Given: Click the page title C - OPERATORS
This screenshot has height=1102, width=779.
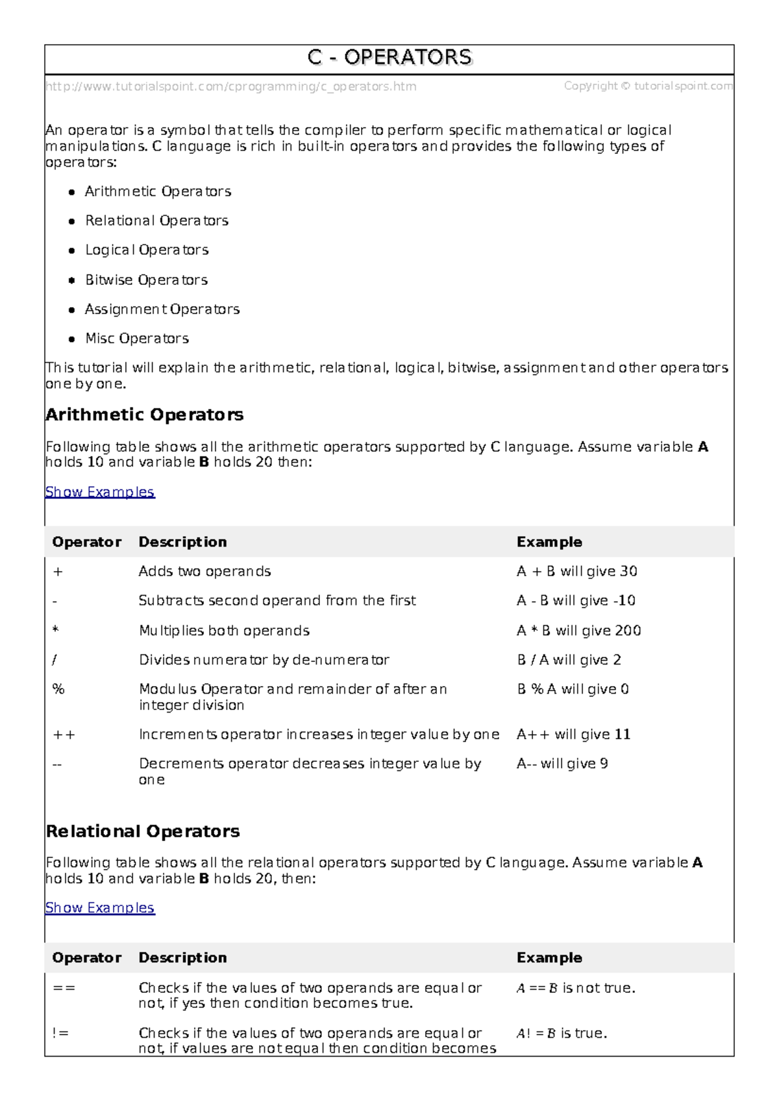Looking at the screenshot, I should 389,58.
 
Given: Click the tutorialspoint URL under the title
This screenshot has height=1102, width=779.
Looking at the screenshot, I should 230,86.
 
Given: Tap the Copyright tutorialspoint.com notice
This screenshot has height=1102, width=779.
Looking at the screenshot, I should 648,86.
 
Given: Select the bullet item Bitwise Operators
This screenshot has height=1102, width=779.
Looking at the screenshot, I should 146,280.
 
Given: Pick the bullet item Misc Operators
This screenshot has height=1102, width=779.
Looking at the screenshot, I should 137,338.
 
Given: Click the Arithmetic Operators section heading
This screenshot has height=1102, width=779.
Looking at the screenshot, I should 144,415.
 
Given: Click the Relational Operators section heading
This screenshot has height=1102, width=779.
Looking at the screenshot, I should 143,831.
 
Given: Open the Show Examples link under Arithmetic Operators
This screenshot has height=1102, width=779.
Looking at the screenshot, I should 100,492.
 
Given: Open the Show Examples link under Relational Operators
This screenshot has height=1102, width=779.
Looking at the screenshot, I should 100,908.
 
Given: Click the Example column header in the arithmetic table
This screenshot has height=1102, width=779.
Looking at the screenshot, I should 549,542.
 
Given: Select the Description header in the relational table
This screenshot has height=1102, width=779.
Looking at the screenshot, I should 182,958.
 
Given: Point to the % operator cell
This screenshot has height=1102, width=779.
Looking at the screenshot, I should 58,689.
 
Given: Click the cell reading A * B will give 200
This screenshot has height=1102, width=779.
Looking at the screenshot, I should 578,631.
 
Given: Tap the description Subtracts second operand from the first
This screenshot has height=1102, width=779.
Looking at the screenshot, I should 277,601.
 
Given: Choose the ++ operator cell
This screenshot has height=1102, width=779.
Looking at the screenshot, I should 64,735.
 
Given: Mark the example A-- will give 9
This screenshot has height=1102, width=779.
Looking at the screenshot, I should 562,764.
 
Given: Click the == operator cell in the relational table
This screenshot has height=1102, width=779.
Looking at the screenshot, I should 64,988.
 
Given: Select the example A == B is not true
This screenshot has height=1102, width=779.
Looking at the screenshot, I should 576,988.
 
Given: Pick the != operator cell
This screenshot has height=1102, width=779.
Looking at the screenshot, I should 60,1033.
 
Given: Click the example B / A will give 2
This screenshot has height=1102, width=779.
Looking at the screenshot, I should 569,660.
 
